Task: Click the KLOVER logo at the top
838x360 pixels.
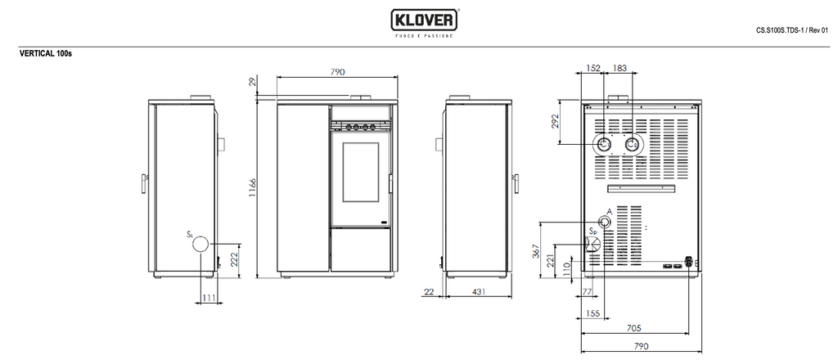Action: click(x=422, y=19)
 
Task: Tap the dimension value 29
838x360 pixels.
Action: click(x=253, y=81)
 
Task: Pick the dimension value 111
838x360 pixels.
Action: click(x=209, y=298)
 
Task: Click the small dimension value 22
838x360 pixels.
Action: click(x=430, y=291)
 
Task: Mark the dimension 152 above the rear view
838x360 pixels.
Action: click(x=593, y=69)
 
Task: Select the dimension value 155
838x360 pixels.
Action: click(x=592, y=313)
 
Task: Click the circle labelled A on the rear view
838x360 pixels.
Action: click(x=604, y=223)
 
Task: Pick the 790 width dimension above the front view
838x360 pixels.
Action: click(x=337, y=72)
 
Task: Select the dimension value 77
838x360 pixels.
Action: click(x=586, y=291)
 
